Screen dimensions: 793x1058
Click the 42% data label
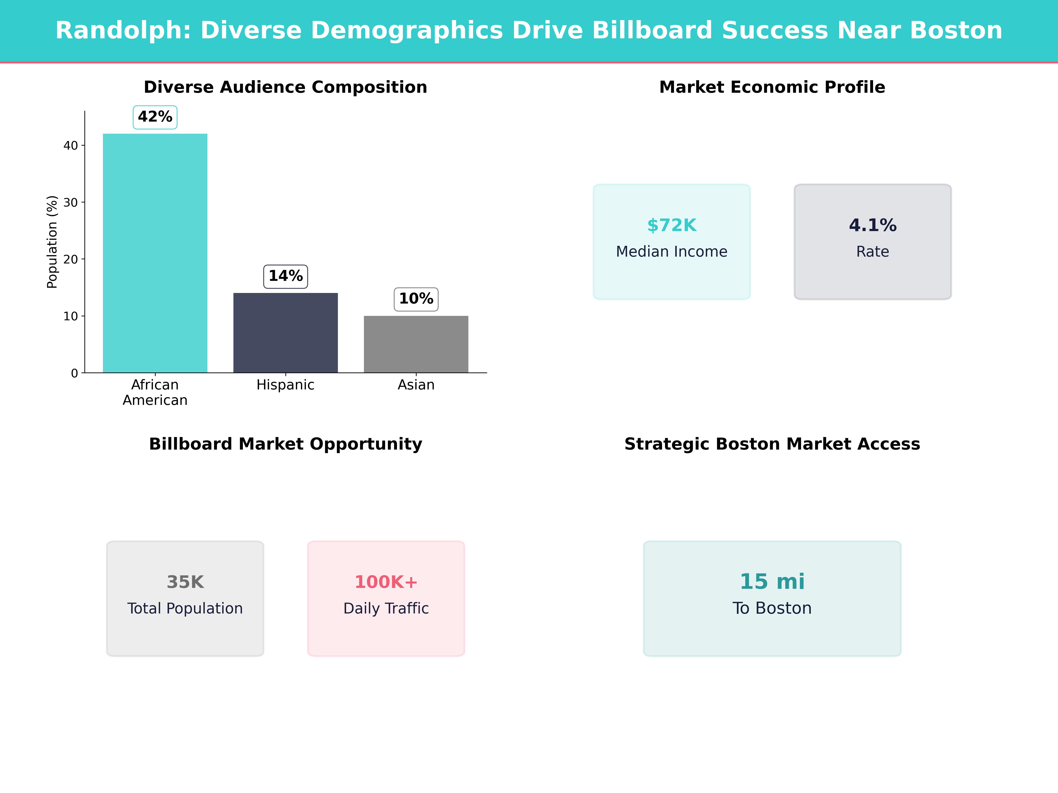[155, 117]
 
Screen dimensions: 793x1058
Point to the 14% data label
[285, 276]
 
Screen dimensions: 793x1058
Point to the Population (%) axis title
[52, 242]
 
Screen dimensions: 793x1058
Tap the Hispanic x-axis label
[285, 385]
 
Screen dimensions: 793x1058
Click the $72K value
[672, 225]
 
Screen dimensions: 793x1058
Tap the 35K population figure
[185, 582]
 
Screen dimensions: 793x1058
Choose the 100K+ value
[386, 582]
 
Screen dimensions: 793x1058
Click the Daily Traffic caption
[386, 608]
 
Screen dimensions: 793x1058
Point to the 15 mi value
[772, 582]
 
